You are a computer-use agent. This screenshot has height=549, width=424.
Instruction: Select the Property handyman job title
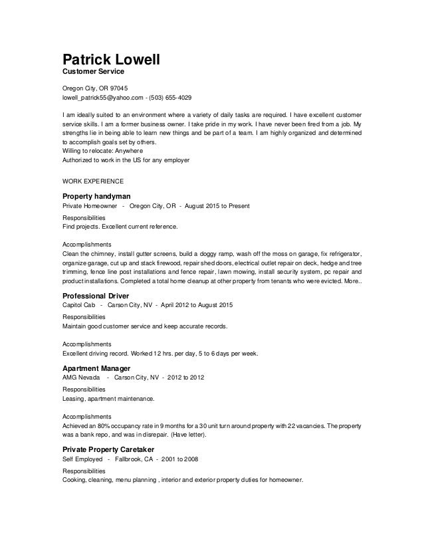(x=96, y=196)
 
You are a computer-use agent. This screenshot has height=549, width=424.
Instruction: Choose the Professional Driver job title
(x=95, y=295)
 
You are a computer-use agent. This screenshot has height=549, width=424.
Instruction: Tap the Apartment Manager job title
(x=96, y=368)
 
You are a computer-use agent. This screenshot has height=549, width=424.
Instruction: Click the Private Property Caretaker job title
(x=112, y=449)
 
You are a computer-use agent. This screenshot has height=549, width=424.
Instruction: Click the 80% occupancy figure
(x=100, y=425)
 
